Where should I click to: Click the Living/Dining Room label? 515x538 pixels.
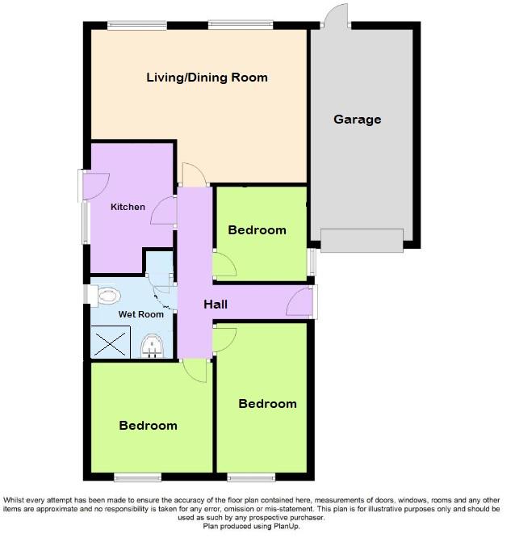coord(207,78)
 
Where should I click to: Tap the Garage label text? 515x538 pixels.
coord(357,120)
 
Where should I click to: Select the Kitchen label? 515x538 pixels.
coord(128,207)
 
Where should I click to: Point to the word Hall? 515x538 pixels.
coord(216,305)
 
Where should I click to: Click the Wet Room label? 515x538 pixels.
coord(141,314)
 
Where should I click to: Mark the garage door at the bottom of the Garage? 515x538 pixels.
coord(361,240)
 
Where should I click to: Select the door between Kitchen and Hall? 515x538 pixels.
coord(164,211)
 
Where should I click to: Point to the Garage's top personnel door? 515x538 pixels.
coord(333,17)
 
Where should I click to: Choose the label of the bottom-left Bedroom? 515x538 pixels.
coord(148,426)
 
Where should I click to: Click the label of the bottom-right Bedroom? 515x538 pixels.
coord(267,404)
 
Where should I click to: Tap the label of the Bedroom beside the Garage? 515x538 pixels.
coord(257,230)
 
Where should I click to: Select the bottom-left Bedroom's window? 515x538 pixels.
coord(136,477)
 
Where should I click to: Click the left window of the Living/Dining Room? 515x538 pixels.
coord(137,26)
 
